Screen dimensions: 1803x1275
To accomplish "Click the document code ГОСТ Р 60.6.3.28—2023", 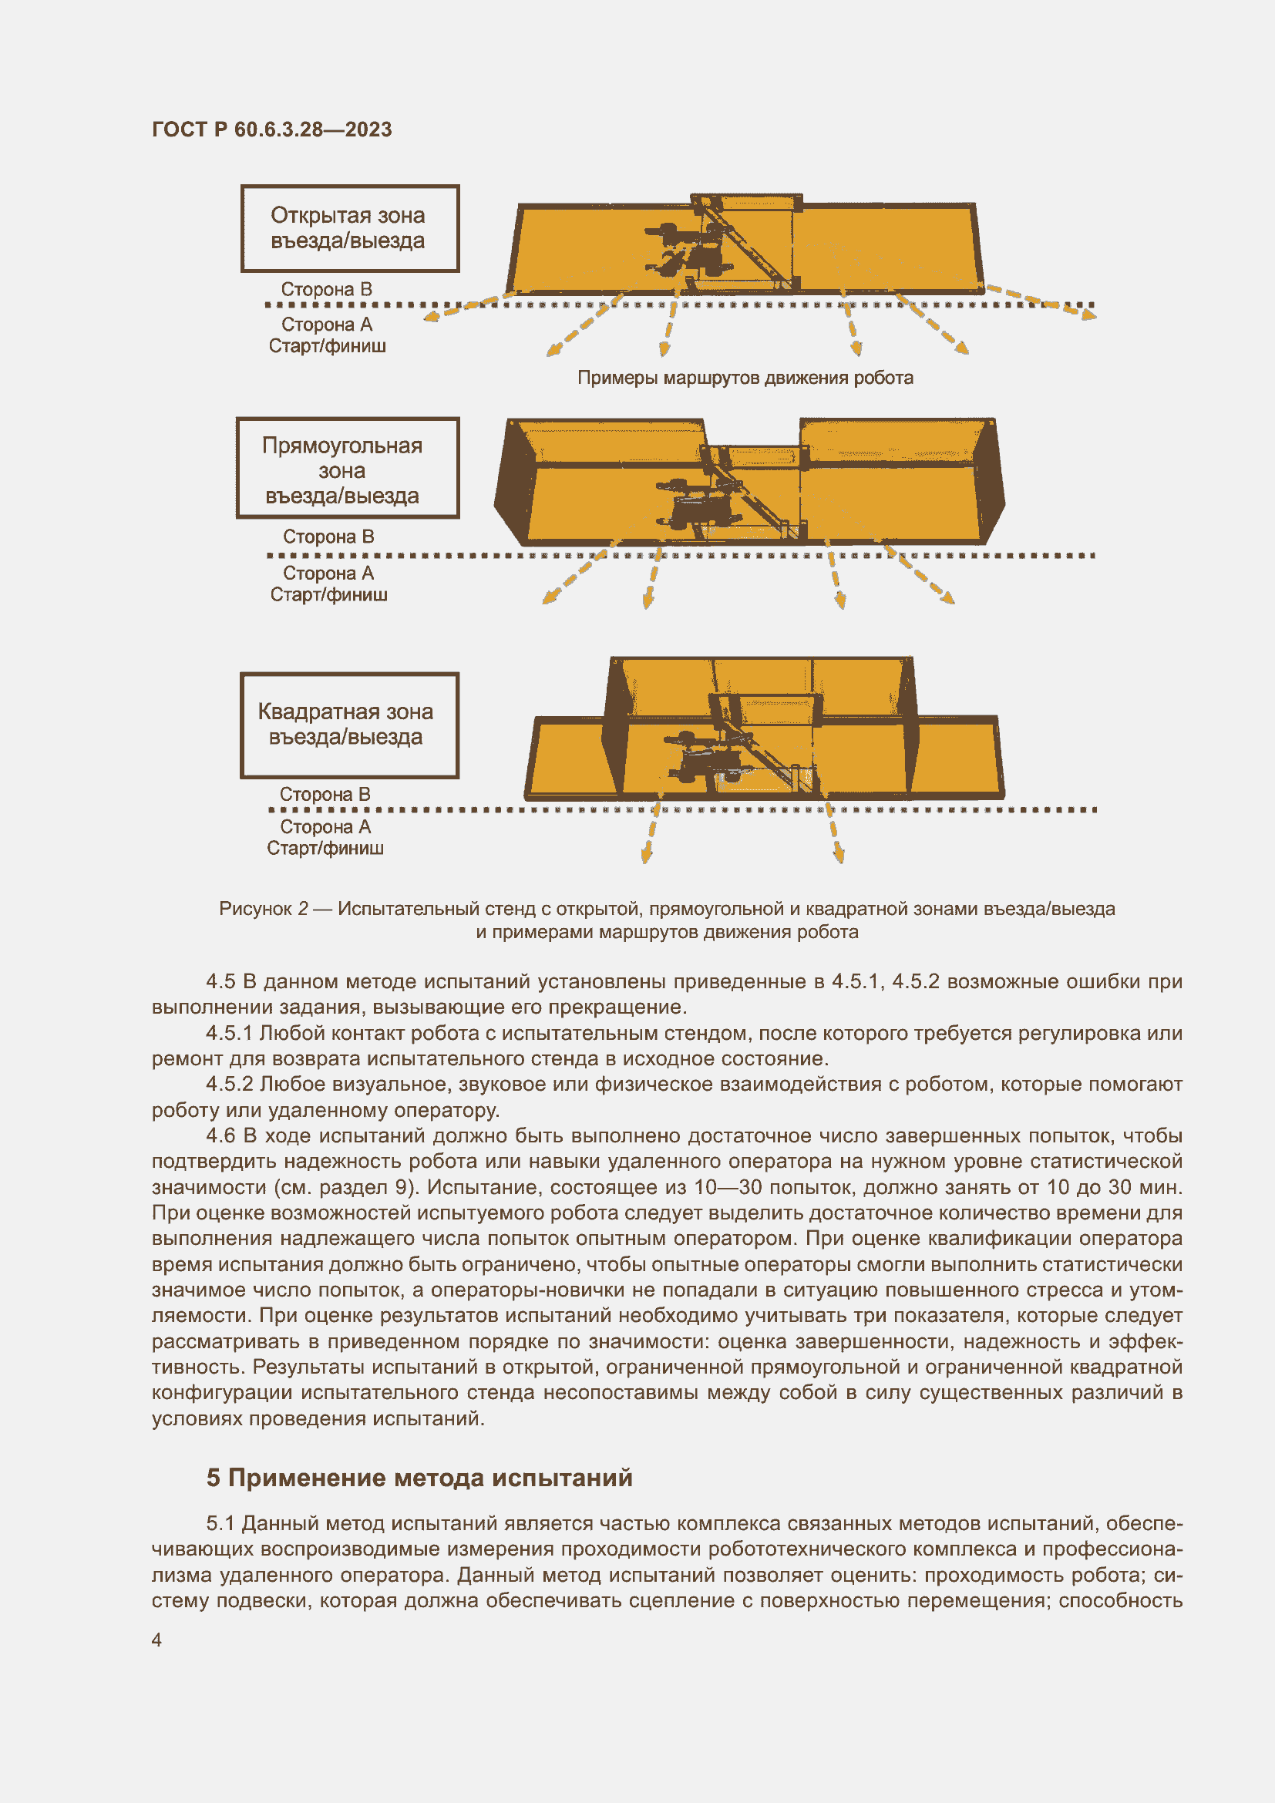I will pyautogui.click(x=271, y=130).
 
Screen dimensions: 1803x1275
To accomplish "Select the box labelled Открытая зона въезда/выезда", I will pyautogui.click(x=349, y=228).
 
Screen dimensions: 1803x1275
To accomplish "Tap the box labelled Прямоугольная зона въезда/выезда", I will pyautogui.click(x=347, y=469).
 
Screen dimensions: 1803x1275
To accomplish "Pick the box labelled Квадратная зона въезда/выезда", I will pyautogui.click(x=348, y=725).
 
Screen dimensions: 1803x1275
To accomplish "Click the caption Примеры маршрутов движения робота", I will pyautogui.click(x=745, y=378).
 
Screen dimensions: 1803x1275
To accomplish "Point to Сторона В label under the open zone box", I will pyautogui.click(x=327, y=290).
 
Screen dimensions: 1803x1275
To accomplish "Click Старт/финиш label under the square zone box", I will pyautogui.click(x=325, y=848).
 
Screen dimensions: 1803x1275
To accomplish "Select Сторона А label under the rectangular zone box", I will pyautogui.click(x=328, y=574).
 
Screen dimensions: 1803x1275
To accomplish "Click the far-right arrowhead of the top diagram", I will pyautogui.click(x=1088, y=315).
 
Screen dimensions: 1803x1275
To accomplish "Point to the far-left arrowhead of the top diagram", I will pyautogui.click(x=430, y=318).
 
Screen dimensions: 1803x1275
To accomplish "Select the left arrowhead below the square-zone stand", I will pyautogui.click(x=646, y=856).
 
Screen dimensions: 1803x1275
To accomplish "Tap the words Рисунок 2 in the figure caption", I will pyautogui.click(x=263, y=909).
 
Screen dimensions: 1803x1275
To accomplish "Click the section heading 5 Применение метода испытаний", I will pyautogui.click(x=419, y=1478).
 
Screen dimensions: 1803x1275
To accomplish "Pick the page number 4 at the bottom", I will pyautogui.click(x=157, y=1640).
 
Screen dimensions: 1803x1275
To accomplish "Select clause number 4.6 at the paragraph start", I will pyautogui.click(x=220, y=1135).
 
